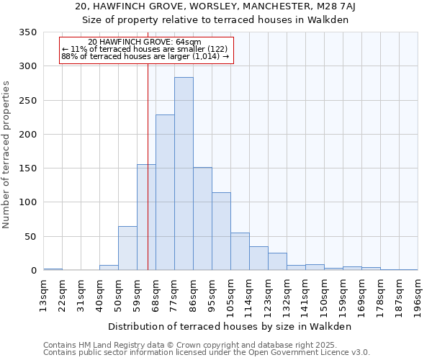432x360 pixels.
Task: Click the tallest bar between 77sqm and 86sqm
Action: pyautogui.click(x=184, y=174)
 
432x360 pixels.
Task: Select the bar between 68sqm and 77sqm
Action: pyautogui.click(x=165, y=192)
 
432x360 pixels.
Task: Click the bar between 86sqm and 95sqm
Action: pyautogui.click(x=202, y=219)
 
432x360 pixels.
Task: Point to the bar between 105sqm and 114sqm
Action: pyautogui.click(x=240, y=251)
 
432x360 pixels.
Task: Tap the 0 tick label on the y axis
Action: pyautogui.click(x=32, y=271)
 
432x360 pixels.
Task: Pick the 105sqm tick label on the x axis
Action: pyautogui.click(x=230, y=294)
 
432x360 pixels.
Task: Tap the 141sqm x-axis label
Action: pyautogui.click(x=305, y=294)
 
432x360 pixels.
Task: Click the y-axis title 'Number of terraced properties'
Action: pyautogui.click(x=6, y=155)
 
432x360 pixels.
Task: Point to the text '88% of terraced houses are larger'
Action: pyautogui.click(x=137, y=56)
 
